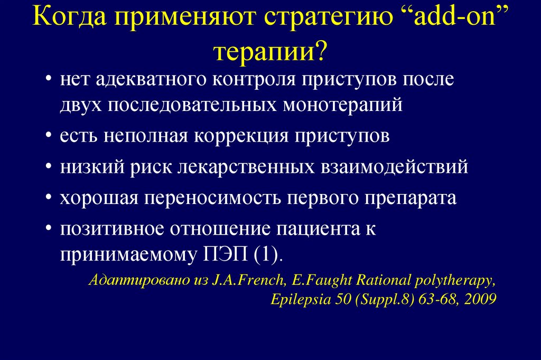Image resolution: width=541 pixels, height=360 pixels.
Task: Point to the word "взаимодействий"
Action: [x=394, y=167]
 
